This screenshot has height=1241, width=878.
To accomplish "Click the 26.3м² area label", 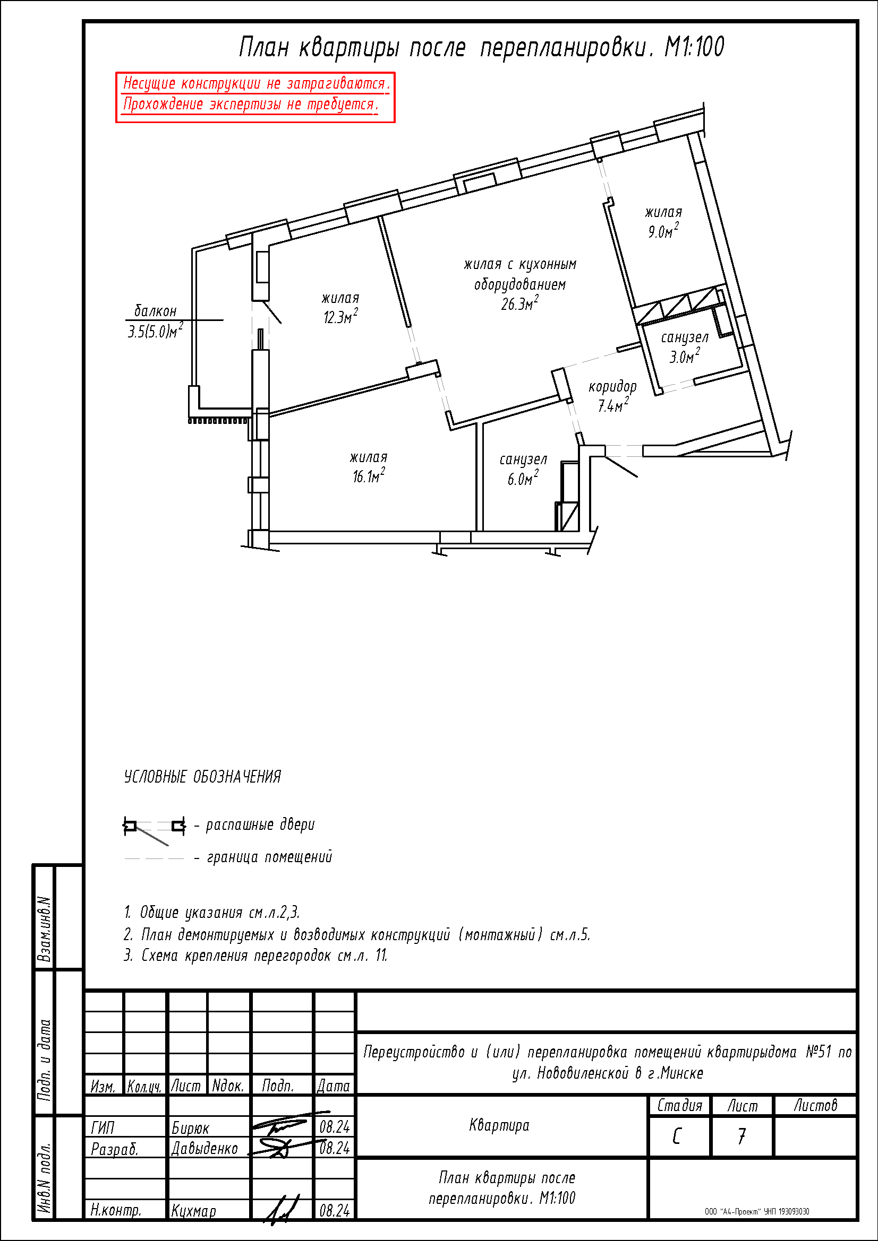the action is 519,304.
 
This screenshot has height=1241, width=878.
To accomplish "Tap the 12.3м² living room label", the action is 341,317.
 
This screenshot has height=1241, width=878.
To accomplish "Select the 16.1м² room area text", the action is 369,475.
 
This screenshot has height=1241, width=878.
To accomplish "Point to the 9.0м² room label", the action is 663,231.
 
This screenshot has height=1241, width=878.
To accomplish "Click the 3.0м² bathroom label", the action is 685,355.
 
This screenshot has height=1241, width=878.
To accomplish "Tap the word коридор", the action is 612,386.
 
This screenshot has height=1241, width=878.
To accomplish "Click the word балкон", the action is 155,311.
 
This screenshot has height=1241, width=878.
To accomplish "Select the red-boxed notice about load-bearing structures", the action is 255,97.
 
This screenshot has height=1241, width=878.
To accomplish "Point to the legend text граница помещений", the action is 269,857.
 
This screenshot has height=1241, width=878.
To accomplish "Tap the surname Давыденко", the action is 204,1148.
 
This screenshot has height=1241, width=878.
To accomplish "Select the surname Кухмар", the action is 194,1211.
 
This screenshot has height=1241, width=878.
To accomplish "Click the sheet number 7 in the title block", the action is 741,1137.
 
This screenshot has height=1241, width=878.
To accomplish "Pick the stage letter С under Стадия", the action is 677,1137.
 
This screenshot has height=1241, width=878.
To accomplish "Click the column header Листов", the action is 815,1105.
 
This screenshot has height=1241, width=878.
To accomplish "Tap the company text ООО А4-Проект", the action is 757,1211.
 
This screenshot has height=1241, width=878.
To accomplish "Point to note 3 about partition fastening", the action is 255,955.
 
